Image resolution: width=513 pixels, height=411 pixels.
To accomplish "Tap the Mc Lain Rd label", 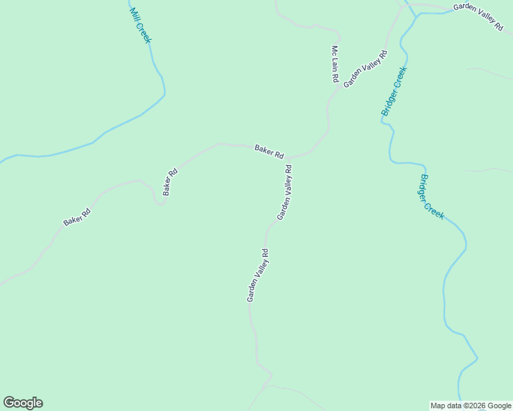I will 335,64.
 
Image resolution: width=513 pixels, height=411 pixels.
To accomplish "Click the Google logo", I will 23,403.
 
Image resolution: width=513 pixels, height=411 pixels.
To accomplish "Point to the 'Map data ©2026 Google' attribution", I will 471,406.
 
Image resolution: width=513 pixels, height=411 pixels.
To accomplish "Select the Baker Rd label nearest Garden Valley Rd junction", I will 269,151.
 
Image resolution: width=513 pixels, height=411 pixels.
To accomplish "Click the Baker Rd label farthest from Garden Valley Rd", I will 77,217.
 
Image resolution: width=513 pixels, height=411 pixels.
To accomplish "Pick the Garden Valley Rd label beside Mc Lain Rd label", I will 366,68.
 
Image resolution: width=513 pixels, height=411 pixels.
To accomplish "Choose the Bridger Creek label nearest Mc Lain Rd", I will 395,91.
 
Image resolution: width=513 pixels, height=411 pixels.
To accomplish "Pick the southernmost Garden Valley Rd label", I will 257,275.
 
